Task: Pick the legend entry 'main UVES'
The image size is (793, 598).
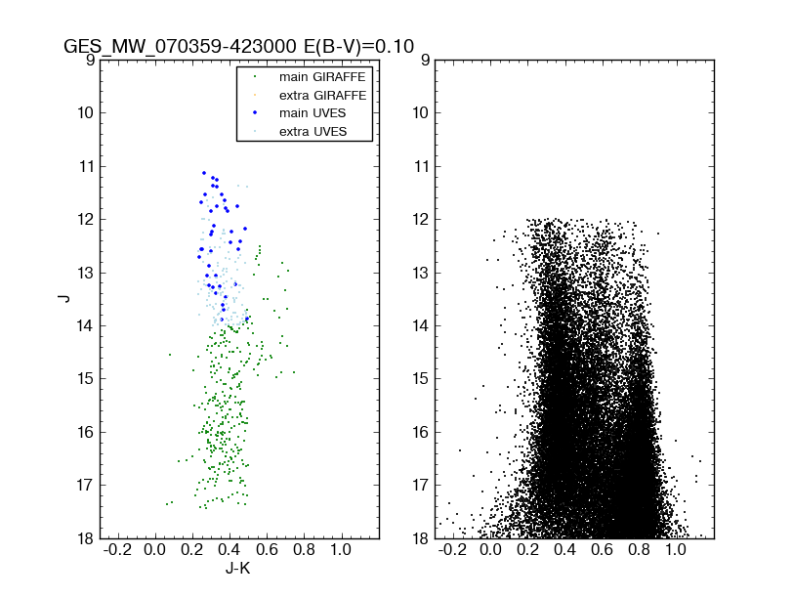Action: [312, 113]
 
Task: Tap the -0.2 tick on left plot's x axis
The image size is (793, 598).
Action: [117, 550]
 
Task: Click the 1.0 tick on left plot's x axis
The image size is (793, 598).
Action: [341, 550]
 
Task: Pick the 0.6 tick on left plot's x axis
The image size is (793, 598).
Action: [267, 550]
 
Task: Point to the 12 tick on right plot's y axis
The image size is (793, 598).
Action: [418, 219]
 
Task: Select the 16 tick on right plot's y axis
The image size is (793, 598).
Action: [418, 432]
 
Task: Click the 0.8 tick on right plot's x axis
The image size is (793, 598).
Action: [640, 550]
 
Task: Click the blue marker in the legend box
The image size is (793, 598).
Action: [255, 113]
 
